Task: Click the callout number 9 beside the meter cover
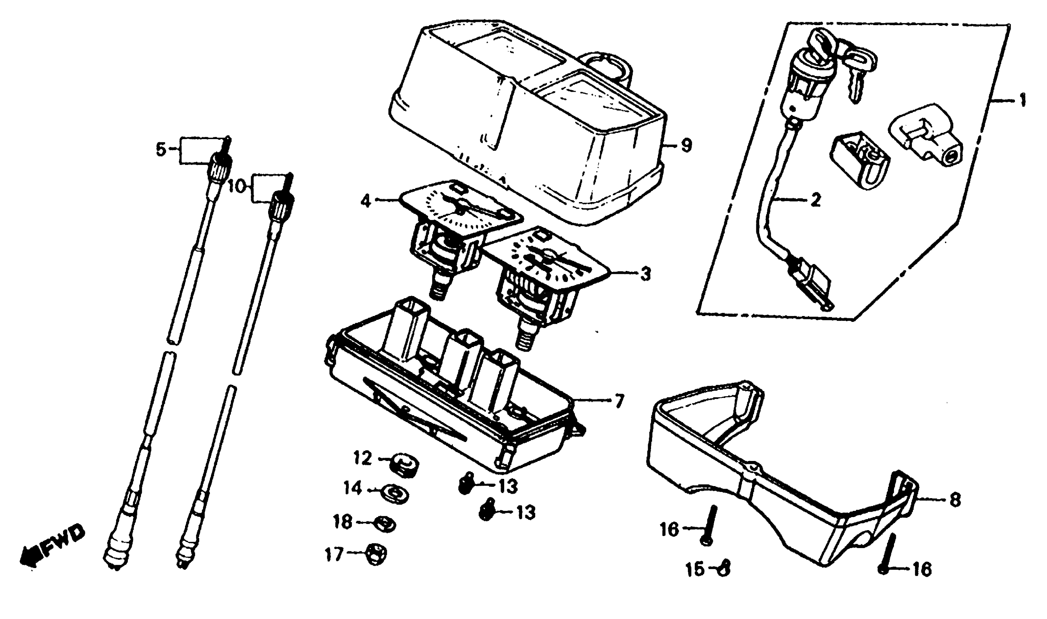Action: [x=686, y=146]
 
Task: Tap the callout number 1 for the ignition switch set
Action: [x=1022, y=100]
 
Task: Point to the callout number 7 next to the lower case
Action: [x=619, y=401]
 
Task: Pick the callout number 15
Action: [x=695, y=569]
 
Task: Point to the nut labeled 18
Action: [x=385, y=524]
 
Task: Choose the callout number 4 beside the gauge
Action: [x=365, y=201]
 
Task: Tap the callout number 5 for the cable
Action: [x=161, y=149]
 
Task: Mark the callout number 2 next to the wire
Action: [x=815, y=200]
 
